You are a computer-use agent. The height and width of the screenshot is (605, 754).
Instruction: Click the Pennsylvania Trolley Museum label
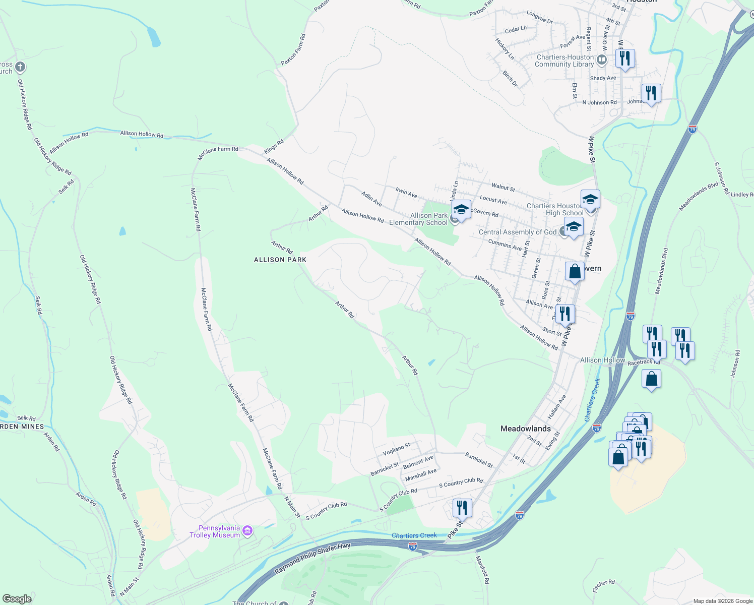[x=215, y=531]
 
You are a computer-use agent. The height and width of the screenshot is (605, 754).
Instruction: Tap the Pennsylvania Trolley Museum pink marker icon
[x=247, y=530]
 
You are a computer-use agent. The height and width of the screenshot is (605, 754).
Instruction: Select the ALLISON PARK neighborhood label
[x=280, y=260]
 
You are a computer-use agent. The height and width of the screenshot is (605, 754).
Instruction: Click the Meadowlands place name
[x=525, y=429]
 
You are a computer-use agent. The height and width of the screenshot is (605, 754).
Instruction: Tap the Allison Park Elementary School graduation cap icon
[x=461, y=209]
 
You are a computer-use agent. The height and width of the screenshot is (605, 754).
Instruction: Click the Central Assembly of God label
[x=517, y=232]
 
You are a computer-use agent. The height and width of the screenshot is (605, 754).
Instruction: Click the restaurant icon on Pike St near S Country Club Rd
[x=462, y=508]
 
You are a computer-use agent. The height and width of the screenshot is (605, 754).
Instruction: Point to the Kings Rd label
[x=274, y=147]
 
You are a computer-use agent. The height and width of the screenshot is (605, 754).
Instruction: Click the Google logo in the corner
[x=17, y=599]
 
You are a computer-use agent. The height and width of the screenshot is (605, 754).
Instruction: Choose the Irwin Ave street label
[x=406, y=193]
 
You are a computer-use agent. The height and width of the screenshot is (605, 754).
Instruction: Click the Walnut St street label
[x=503, y=187]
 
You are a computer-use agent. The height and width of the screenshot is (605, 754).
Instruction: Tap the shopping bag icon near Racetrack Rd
[x=651, y=379]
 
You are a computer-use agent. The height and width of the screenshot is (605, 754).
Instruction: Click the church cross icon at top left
[x=20, y=67]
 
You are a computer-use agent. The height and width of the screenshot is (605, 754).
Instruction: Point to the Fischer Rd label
[x=603, y=586]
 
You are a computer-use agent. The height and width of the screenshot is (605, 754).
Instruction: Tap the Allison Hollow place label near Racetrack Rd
[x=602, y=360]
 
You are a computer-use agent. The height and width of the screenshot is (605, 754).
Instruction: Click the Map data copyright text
[x=723, y=601]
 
